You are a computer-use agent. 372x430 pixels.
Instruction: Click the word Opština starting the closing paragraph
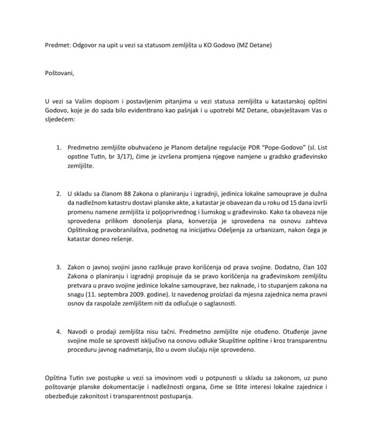pyautogui.click(x=58, y=378)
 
